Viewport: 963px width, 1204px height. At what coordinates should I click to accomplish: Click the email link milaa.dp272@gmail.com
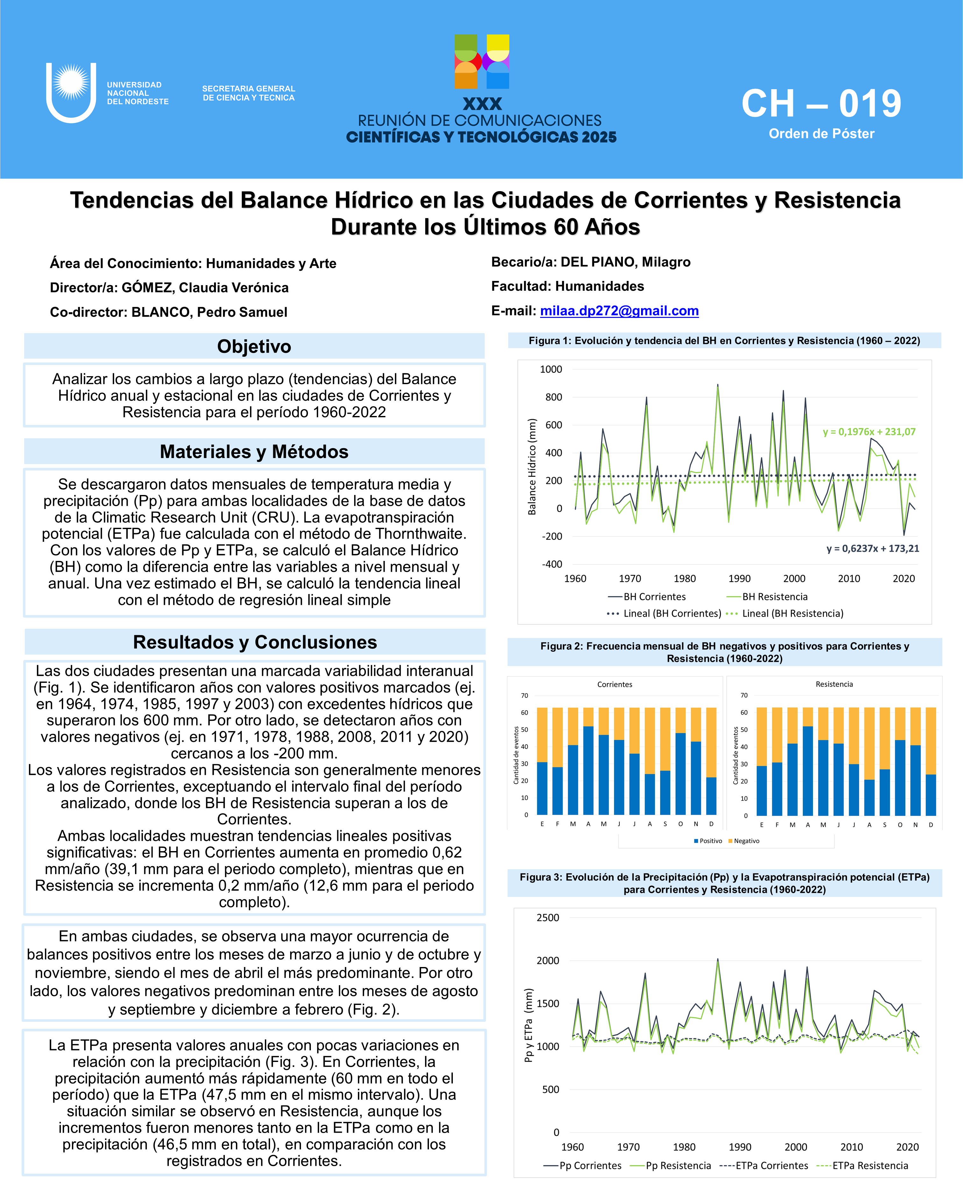pyautogui.click(x=619, y=311)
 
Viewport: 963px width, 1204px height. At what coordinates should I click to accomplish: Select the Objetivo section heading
pyautogui.click(x=254, y=346)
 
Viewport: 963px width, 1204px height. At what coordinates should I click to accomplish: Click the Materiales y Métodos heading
pyautogui.click(x=254, y=451)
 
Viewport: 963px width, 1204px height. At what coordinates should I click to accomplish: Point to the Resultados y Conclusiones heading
pyautogui.click(x=254, y=642)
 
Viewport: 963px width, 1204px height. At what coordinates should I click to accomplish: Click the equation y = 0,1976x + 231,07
pyautogui.click(x=869, y=432)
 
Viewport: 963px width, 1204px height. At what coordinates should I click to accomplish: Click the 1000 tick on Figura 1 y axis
pyautogui.click(x=551, y=369)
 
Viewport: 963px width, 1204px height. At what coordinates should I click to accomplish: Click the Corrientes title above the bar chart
pyautogui.click(x=615, y=684)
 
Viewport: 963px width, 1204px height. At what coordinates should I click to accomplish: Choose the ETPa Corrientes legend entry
pyautogui.click(x=772, y=1165)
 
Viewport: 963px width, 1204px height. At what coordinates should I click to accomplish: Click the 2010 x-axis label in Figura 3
pyautogui.click(x=851, y=1147)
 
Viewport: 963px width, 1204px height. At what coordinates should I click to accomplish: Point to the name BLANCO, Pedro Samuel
pyautogui.click(x=209, y=312)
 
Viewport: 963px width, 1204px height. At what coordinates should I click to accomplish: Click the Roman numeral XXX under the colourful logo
pyautogui.click(x=482, y=104)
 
